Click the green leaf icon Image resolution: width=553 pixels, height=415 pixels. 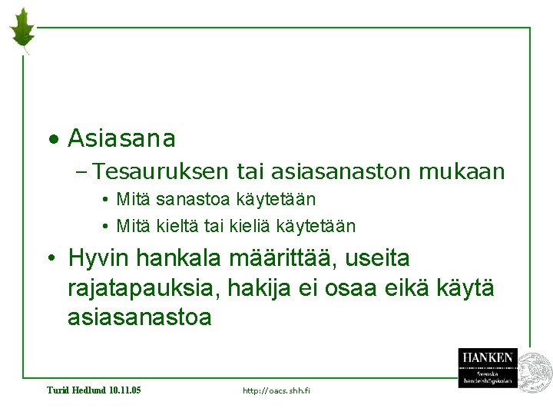tap(22, 29)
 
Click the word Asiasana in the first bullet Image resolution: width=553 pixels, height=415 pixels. tap(121, 139)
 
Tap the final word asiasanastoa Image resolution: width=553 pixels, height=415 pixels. tap(139, 317)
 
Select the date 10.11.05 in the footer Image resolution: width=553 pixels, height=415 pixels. tap(125, 390)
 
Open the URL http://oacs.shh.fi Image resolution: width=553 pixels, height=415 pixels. tap(276, 391)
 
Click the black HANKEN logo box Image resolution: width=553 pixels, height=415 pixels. tap(488, 367)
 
